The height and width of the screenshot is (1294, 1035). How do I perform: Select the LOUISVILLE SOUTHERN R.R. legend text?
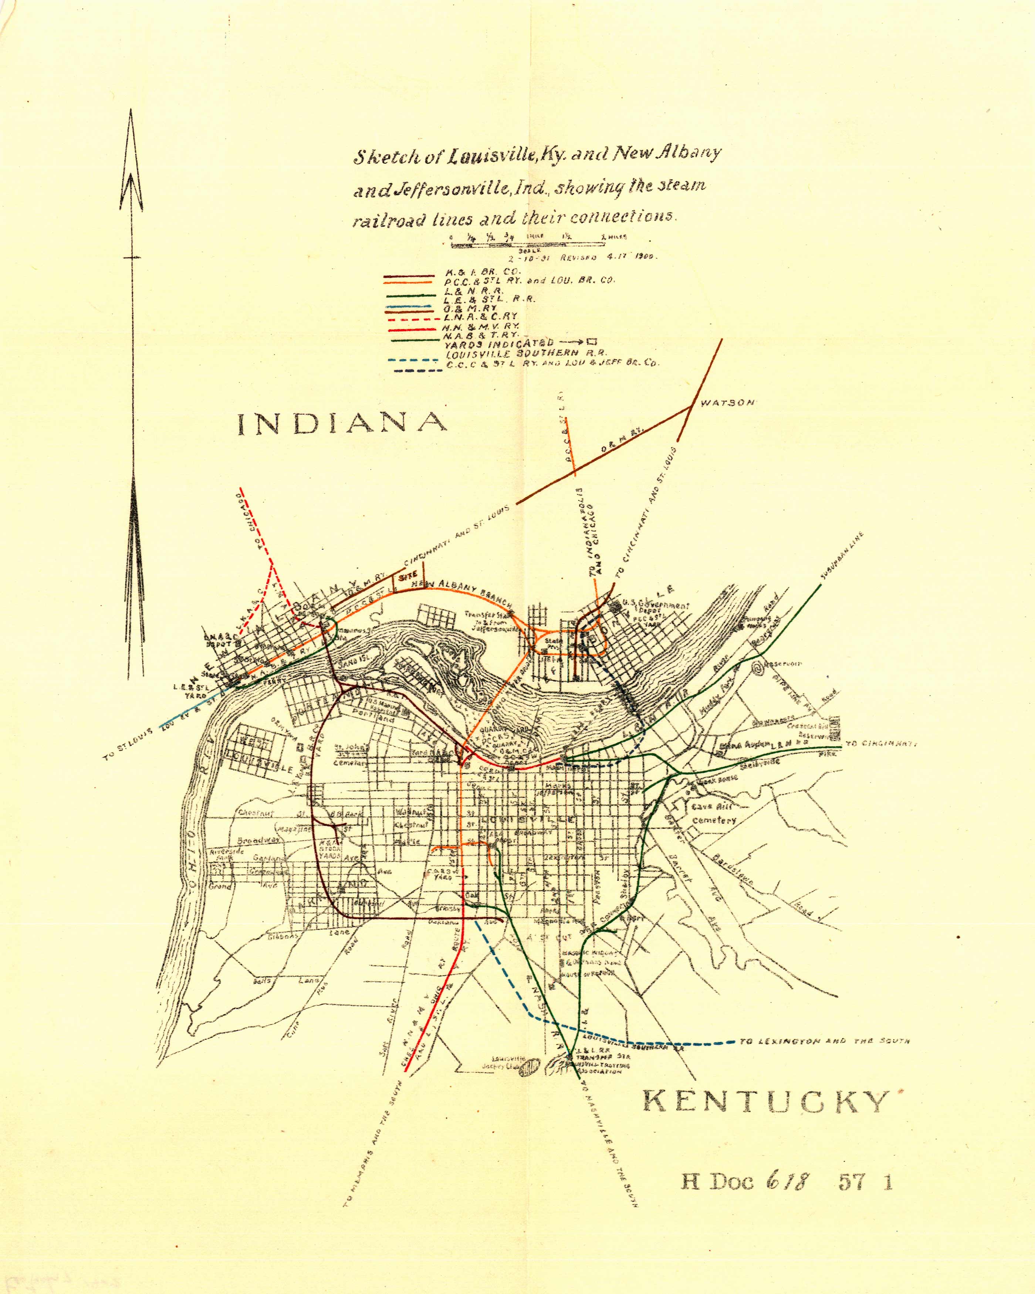point(526,353)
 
